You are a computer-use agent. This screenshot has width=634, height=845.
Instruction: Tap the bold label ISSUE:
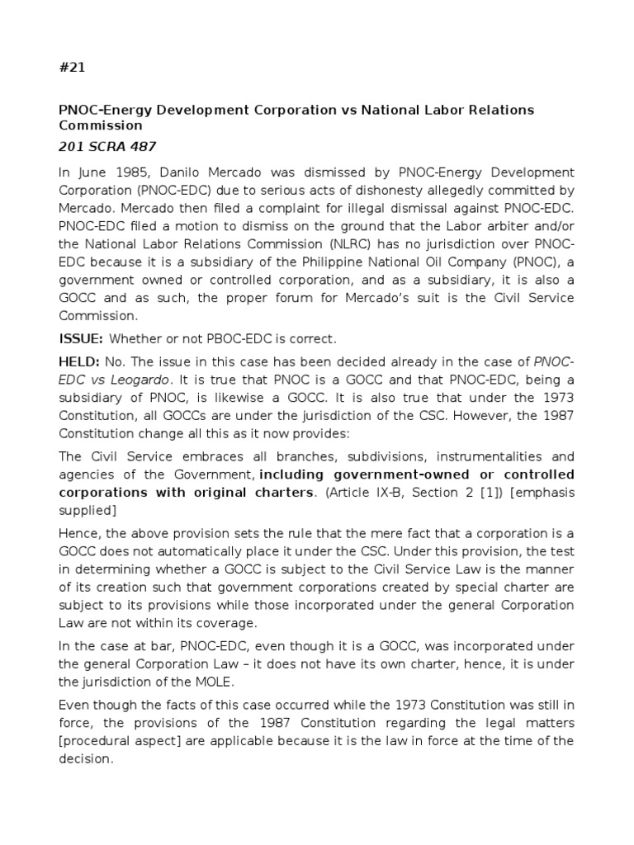coord(80,338)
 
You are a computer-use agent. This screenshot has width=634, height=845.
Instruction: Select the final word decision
coord(85,759)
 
